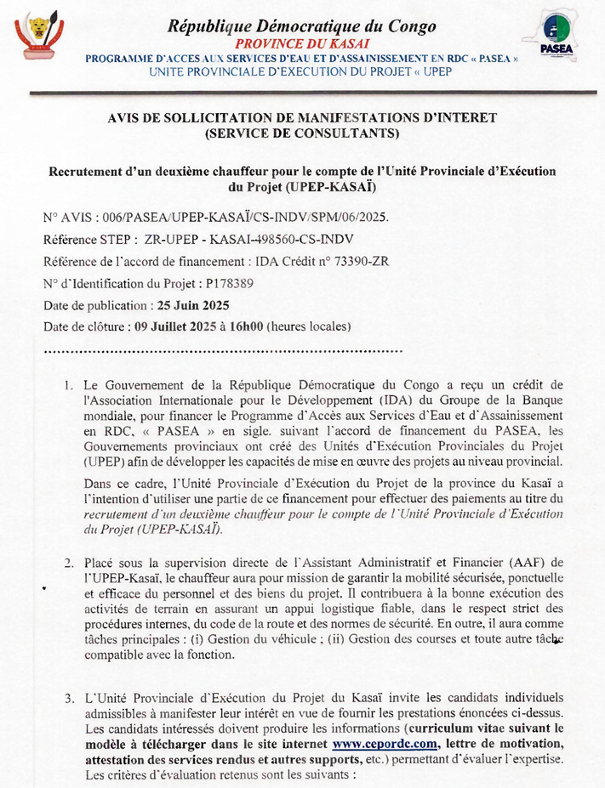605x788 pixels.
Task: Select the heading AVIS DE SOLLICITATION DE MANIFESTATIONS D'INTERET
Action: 302,118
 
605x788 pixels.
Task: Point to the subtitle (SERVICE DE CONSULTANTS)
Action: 302,133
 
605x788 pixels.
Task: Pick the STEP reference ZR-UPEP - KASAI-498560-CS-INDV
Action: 249,240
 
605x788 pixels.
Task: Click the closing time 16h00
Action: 244,326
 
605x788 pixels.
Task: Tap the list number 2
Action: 68,563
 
